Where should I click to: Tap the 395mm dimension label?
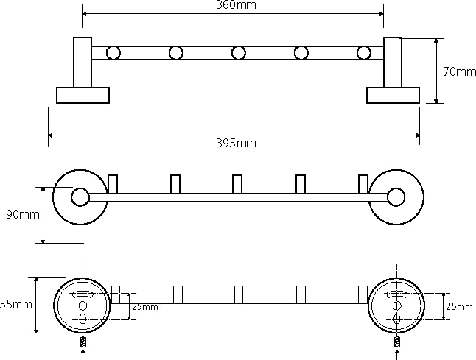click(237, 143)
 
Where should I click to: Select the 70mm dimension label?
click(459, 71)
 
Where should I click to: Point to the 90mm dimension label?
click(22, 215)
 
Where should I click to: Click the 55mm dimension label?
click(15, 303)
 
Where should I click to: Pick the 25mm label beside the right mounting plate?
click(459, 306)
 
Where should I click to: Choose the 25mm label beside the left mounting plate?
click(144, 306)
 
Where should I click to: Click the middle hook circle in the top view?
click(238, 52)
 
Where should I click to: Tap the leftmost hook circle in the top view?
click(113, 52)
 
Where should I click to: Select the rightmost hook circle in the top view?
click(363, 52)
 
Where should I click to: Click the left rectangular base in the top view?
click(83, 95)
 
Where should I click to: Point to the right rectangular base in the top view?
click(393, 95)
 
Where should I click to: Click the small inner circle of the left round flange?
click(79, 196)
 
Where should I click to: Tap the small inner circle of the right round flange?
click(396, 196)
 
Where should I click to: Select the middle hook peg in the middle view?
click(237, 183)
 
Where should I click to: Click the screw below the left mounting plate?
click(82, 342)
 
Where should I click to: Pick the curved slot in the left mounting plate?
click(82, 294)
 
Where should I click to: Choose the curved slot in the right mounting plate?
click(398, 294)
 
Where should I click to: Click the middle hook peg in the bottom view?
click(238, 294)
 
